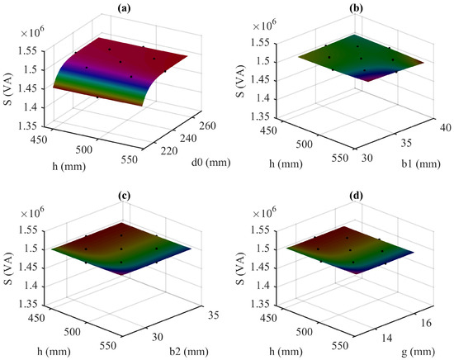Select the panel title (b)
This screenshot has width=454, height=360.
tap(348, 7)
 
